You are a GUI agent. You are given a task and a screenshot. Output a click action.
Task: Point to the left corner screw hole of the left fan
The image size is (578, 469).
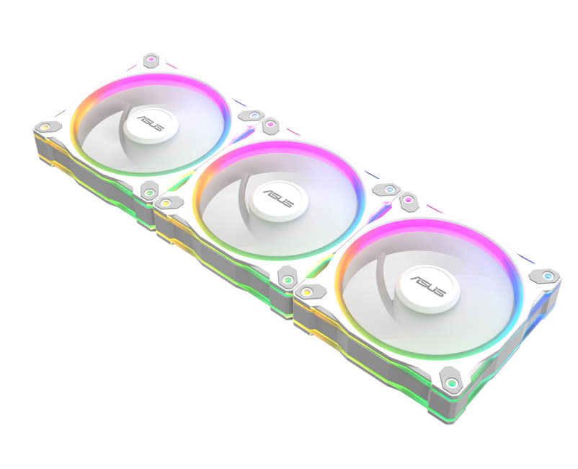pos(45,127)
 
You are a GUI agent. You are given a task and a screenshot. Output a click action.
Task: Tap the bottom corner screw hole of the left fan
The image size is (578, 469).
pos(148,191)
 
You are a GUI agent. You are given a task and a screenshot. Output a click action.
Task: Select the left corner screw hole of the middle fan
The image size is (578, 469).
pos(166,203)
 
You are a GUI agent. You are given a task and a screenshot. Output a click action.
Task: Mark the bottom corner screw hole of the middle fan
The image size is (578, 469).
pos(286,278)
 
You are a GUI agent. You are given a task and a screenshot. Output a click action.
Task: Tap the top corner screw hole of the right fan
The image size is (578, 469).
pos(409,198)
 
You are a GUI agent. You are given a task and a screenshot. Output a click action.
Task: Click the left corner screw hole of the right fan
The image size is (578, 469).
pos(306,292)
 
